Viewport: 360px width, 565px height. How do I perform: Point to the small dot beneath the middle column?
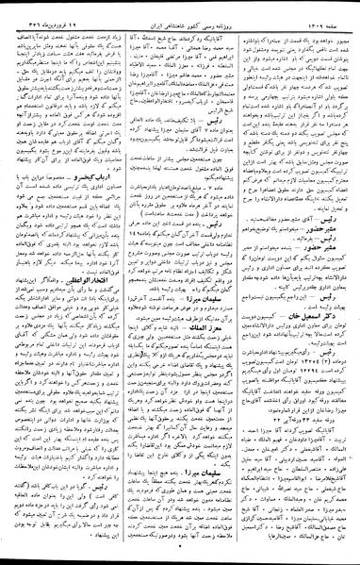click(x=180, y=557)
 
